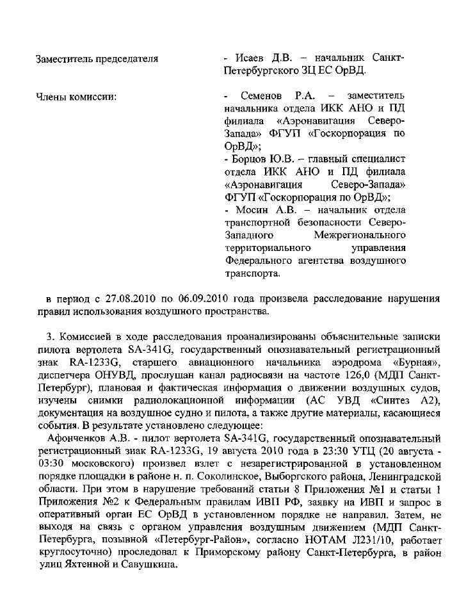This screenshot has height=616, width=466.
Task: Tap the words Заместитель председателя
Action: (96, 59)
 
